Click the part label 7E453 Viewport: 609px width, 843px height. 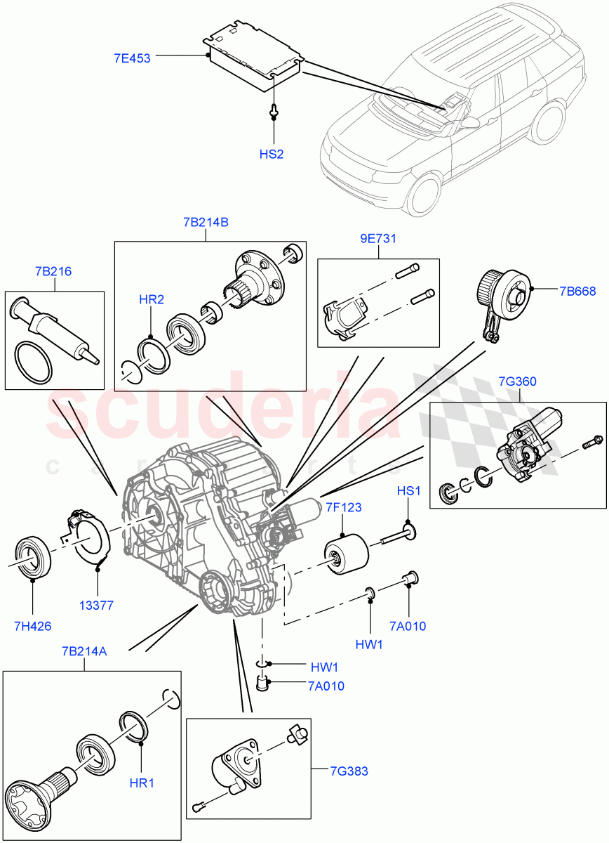coord(132,58)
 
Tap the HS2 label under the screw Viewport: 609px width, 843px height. coord(272,154)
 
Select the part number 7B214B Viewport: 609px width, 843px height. coord(206,223)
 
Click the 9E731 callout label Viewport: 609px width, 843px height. coord(378,239)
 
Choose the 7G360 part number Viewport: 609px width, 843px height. coord(518,381)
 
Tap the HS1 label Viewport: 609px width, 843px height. coord(409,490)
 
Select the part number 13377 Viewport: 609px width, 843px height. coord(97,605)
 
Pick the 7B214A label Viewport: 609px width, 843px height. coord(83,651)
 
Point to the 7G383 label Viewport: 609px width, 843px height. coord(349,771)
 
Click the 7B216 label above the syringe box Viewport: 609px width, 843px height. coord(53,271)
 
